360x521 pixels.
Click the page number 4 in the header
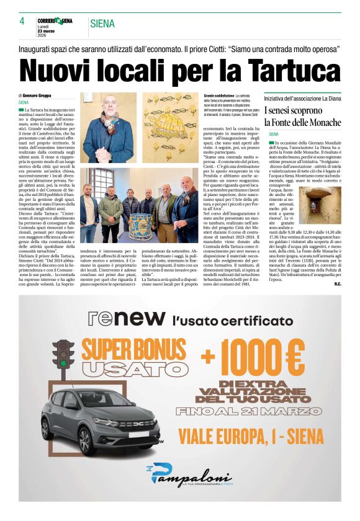coord(22,21)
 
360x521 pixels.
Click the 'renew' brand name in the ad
coord(125,318)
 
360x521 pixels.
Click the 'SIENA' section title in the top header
coord(102,24)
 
